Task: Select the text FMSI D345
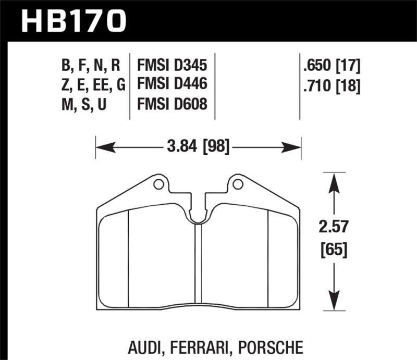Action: tap(172, 66)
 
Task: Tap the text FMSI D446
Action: tap(172, 85)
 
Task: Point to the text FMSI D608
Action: tap(172, 104)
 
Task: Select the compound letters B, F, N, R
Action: tap(91, 66)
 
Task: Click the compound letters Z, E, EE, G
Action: tap(91, 85)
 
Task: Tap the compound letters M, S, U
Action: tap(84, 104)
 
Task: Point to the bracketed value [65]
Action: tap(334, 251)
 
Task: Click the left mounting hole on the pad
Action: tap(158, 184)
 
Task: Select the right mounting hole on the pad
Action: tap(238, 184)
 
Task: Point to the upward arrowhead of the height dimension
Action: tap(334, 180)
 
